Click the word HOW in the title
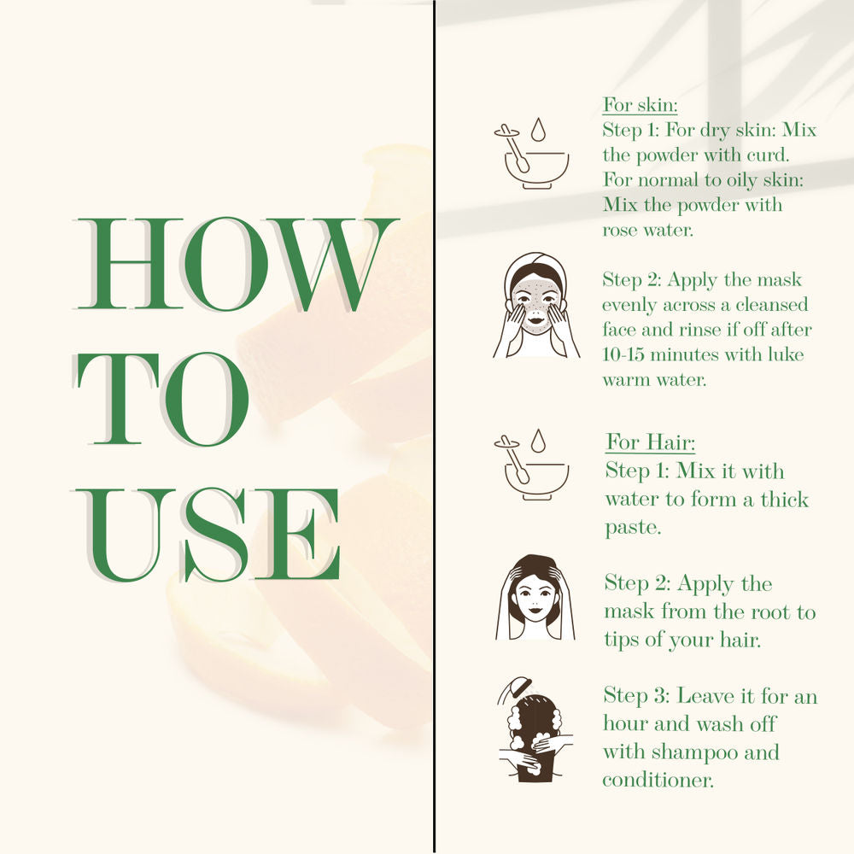[237, 264]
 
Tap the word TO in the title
[162, 399]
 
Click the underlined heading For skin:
[640, 104]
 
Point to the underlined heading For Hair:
[650, 442]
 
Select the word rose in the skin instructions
[620, 231]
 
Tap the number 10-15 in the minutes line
[623, 354]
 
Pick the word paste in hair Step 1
[633, 528]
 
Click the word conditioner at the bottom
[658, 780]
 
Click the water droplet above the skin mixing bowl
[538, 130]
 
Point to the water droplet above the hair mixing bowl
[538, 442]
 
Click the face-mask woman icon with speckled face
[536, 305]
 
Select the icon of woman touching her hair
[535, 598]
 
